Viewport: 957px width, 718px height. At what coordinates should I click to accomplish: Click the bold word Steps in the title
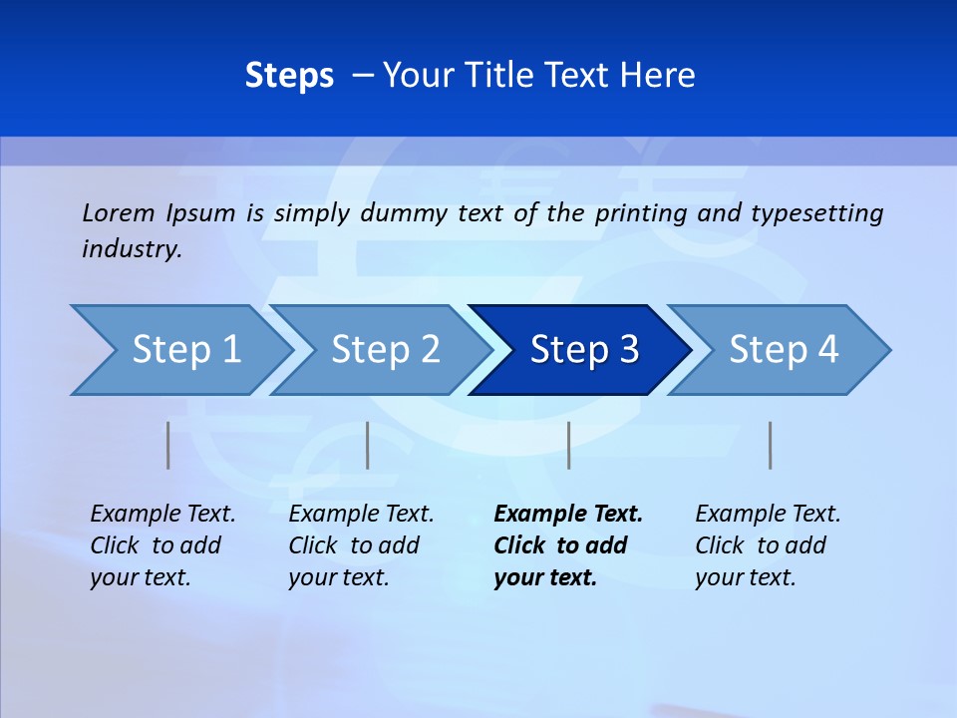click(289, 76)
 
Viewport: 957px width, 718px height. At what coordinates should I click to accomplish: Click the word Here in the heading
click(657, 76)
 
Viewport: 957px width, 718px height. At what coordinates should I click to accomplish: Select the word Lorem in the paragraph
click(119, 212)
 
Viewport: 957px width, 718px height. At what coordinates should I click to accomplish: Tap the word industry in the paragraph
click(131, 248)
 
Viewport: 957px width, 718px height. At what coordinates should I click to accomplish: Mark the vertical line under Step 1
click(167, 445)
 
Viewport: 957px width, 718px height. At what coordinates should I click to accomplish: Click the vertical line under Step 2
click(368, 445)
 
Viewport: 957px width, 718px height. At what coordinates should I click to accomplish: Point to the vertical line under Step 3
click(568, 445)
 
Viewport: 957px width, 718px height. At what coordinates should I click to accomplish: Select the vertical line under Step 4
click(771, 445)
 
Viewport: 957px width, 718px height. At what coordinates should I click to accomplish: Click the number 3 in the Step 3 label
click(628, 350)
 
